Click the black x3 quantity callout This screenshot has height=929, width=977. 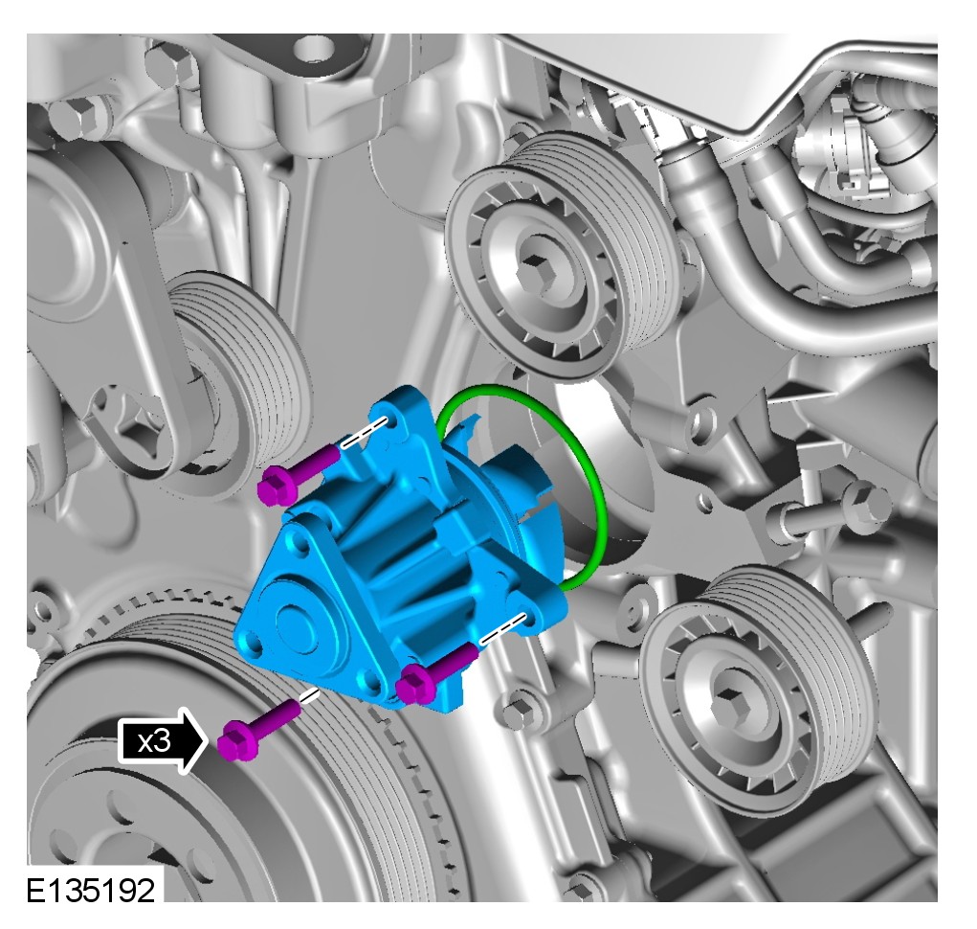(161, 741)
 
